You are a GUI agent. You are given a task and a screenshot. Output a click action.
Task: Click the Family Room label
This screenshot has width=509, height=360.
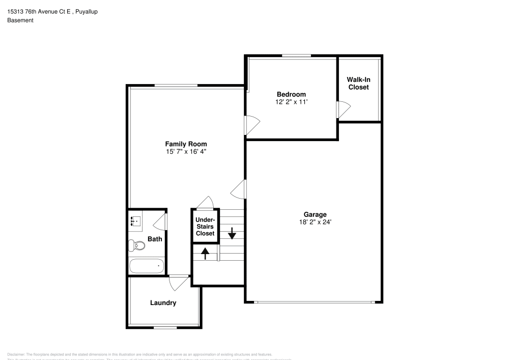coord(186,144)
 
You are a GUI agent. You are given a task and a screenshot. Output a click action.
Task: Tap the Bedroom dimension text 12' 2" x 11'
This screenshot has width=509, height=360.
coord(291,102)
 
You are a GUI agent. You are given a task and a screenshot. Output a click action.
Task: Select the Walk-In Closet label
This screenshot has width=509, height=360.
coord(358,83)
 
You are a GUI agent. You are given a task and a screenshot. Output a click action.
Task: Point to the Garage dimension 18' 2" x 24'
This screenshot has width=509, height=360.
coord(316,222)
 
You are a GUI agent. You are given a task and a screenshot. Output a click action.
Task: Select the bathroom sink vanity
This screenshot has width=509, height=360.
coord(135,221)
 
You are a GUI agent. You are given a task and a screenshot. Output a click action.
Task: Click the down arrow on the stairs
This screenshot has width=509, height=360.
coord(232,234)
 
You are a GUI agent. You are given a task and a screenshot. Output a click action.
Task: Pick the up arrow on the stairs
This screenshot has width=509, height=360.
coord(206,253)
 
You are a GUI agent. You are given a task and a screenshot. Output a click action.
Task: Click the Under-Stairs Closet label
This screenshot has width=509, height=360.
coord(205,227)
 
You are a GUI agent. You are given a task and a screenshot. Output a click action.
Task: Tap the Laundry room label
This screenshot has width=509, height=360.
coord(163,303)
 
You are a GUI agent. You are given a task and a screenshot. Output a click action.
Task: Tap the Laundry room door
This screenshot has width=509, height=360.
coord(178,283)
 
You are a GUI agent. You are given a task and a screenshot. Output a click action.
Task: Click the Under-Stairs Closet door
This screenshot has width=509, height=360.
coord(206,203)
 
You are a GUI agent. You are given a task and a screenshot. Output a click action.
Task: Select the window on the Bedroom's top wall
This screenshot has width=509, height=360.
coord(297,56)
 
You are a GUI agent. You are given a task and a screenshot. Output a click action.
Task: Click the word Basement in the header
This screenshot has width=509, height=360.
coord(20,20)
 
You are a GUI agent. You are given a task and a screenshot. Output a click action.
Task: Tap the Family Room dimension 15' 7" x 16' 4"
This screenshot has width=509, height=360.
coord(186,152)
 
